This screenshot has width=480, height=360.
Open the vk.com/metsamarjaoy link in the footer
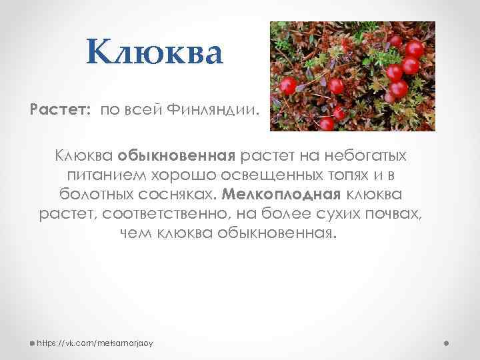point(95,343)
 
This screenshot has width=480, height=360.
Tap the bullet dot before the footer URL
point(32,343)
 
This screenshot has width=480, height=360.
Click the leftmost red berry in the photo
point(288,85)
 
